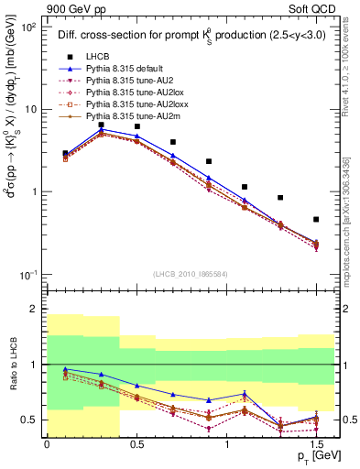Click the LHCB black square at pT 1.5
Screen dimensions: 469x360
tap(316, 219)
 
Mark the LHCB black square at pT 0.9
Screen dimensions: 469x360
tap(209, 161)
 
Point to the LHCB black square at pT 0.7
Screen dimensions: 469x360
tap(173, 142)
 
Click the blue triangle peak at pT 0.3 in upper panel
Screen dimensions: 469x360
tap(102, 130)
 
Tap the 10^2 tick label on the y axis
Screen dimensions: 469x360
tap(28, 27)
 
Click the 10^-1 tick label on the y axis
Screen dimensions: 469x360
tap(28, 275)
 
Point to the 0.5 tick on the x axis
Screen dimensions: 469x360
tap(136, 444)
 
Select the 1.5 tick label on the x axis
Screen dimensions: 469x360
tap(316, 444)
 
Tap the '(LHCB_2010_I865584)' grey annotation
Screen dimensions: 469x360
tap(190, 276)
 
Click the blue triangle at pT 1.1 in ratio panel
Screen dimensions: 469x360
tap(245, 394)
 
